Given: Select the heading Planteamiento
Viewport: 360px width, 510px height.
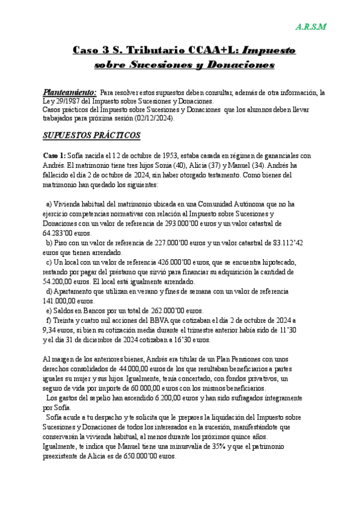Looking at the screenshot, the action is (69, 93).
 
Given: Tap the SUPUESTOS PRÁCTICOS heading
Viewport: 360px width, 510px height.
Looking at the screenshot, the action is (88, 136).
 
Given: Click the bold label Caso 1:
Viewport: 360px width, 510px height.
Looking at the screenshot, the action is (55, 155).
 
